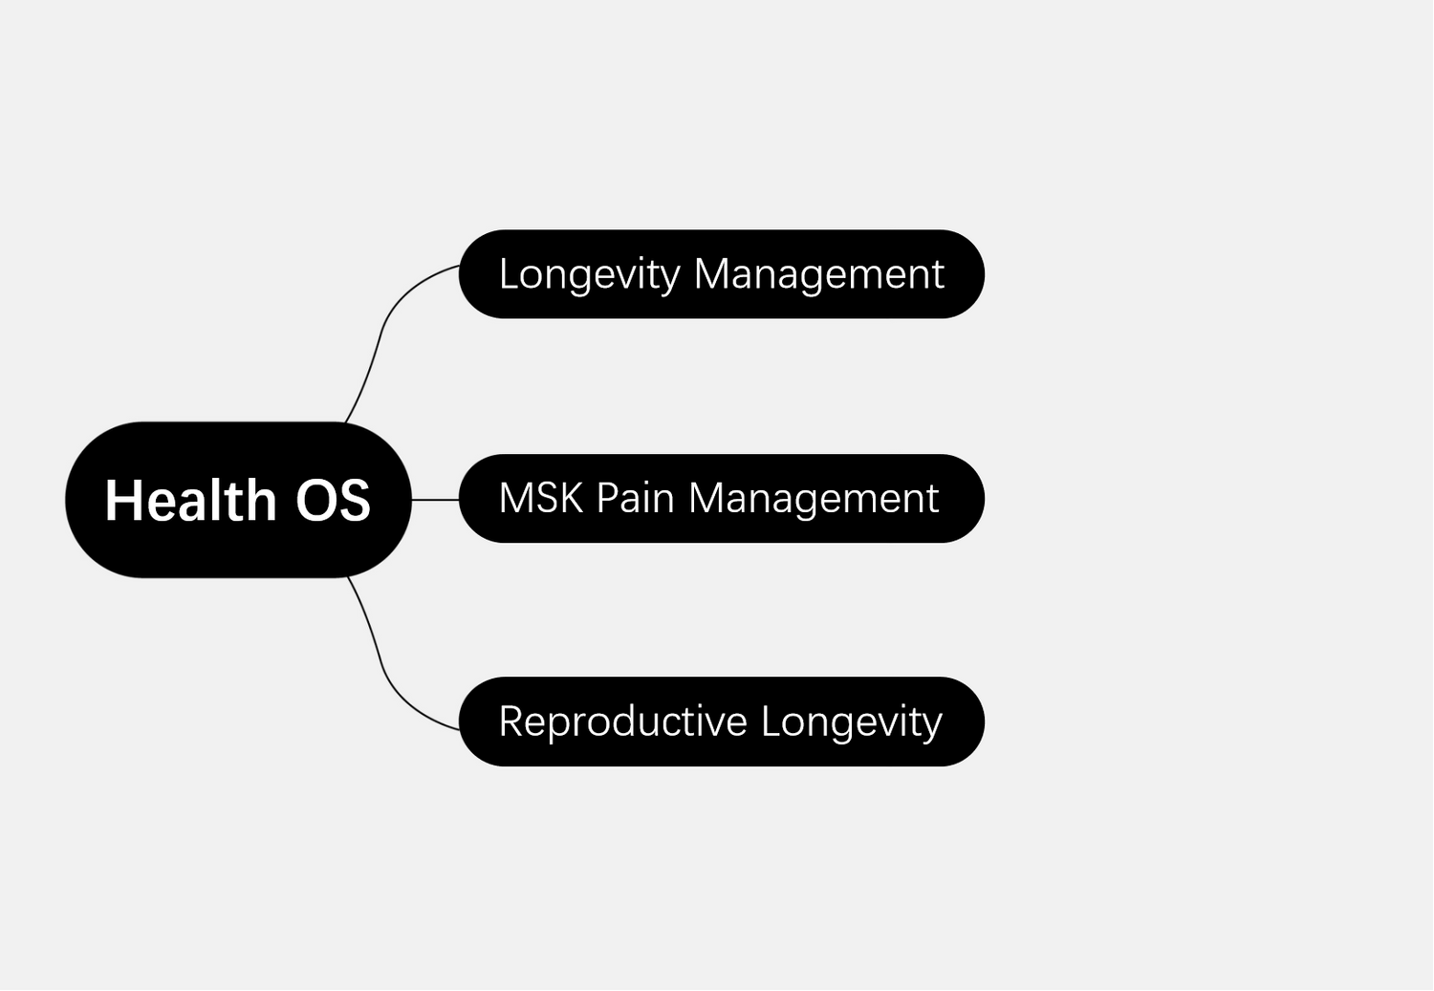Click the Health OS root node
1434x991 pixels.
238,500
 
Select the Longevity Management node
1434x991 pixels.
722,274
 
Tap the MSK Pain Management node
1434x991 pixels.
722,499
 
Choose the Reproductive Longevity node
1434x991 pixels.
722,722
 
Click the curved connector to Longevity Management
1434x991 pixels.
380,333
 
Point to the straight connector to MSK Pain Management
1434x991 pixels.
435,500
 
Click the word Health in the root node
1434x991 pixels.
190,500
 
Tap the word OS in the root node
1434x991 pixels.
333,501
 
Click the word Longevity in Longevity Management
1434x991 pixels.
590,275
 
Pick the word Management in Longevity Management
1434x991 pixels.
819,275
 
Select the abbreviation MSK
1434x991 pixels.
541,498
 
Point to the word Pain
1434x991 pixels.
635,498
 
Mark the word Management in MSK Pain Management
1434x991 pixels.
814,499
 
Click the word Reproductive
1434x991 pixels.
623,722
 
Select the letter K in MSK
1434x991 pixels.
571,498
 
